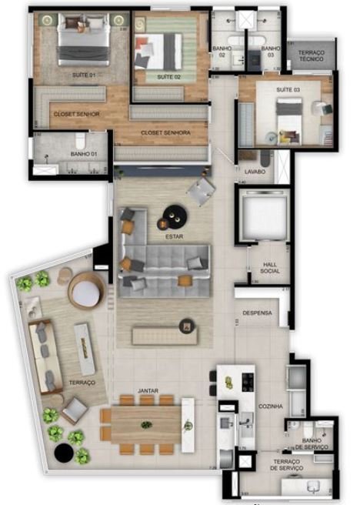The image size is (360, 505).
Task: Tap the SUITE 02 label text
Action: point(168,78)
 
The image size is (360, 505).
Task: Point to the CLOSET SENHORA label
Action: point(165,132)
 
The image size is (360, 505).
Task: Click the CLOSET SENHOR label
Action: point(76,114)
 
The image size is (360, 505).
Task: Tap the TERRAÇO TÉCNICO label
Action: point(312,55)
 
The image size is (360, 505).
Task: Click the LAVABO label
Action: point(255,172)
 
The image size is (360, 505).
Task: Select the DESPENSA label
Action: point(258,313)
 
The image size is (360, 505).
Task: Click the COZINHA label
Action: point(270,405)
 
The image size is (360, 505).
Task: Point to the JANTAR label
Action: point(148,391)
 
